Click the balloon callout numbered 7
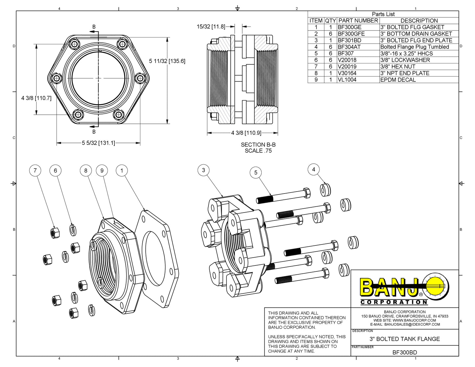pyautogui.click(x=35, y=171)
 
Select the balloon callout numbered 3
pyautogui.click(x=203, y=170)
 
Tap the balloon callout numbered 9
pyautogui.click(x=102, y=171)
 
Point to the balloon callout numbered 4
pyautogui.click(x=313, y=170)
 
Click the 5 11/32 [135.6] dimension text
pyautogui.click(x=167, y=61)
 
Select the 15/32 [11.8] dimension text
pyautogui.click(x=211, y=27)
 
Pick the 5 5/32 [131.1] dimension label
pyautogui.click(x=98, y=143)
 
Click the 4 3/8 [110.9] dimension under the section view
pyautogui.click(x=246, y=133)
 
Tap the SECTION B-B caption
pyautogui.click(x=258, y=145)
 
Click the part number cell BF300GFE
pyautogui.click(x=351, y=34)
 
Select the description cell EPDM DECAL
pyautogui.click(x=398, y=80)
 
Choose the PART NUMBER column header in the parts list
pyautogui.click(x=358, y=21)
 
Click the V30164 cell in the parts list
pyautogui.click(x=347, y=73)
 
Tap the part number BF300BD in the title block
pyautogui.click(x=405, y=353)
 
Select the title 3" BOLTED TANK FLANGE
pyautogui.click(x=405, y=339)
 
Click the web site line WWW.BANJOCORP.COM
pyautogui.click(x=405, y=320)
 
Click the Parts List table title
pyautogui.click(x=383, y=14)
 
